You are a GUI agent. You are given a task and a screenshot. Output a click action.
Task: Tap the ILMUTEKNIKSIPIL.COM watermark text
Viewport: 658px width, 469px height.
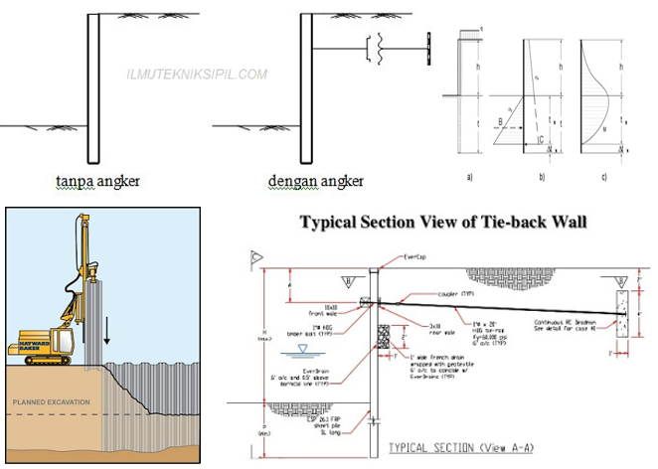[198, 74]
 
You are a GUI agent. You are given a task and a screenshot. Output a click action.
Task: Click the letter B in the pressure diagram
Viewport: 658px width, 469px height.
[501, 122]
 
